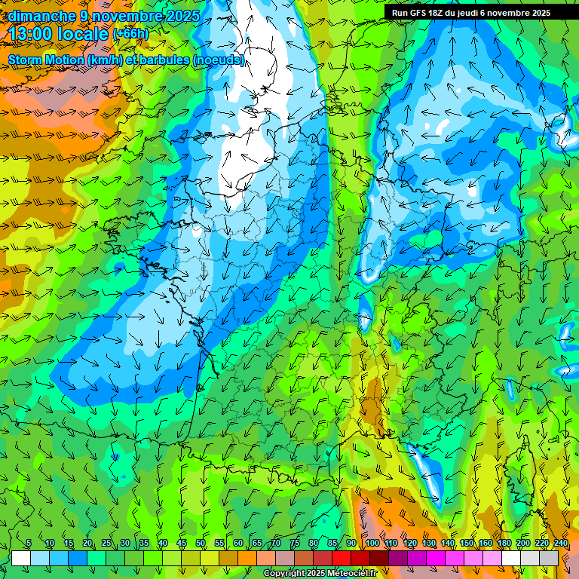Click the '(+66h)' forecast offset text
click(130, 34)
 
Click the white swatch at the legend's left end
click(20, 559)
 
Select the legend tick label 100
click(372, 544)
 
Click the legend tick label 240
click(560, 544)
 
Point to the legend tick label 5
click(29, 544)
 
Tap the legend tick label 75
click(295, 544)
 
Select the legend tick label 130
click(428, 544)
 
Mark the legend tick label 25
click(106, 544)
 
